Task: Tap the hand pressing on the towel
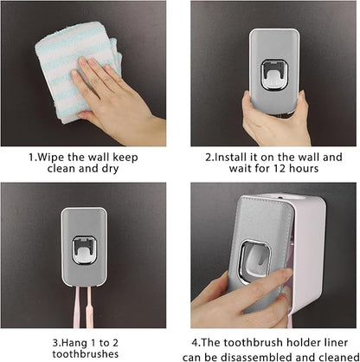point(108,91)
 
